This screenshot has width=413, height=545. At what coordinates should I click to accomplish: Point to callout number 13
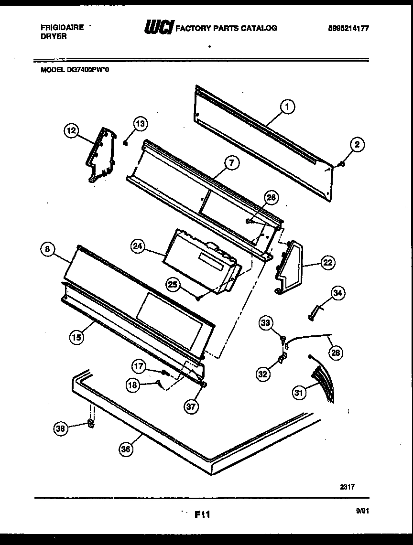point(140,124)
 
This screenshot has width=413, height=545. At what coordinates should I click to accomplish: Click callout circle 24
point(138,246)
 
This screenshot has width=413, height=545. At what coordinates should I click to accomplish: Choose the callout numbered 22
point(327,262)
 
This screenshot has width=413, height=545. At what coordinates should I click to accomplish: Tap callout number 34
point(337,293)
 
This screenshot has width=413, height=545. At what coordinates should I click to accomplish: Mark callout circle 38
point(60,428)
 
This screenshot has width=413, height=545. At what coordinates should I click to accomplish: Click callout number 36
point(126,449)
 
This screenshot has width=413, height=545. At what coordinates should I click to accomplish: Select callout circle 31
point(299,393)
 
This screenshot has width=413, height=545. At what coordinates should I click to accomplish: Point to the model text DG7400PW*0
point(72,69)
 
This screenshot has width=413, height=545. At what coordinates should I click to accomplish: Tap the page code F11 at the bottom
point(202,514)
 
